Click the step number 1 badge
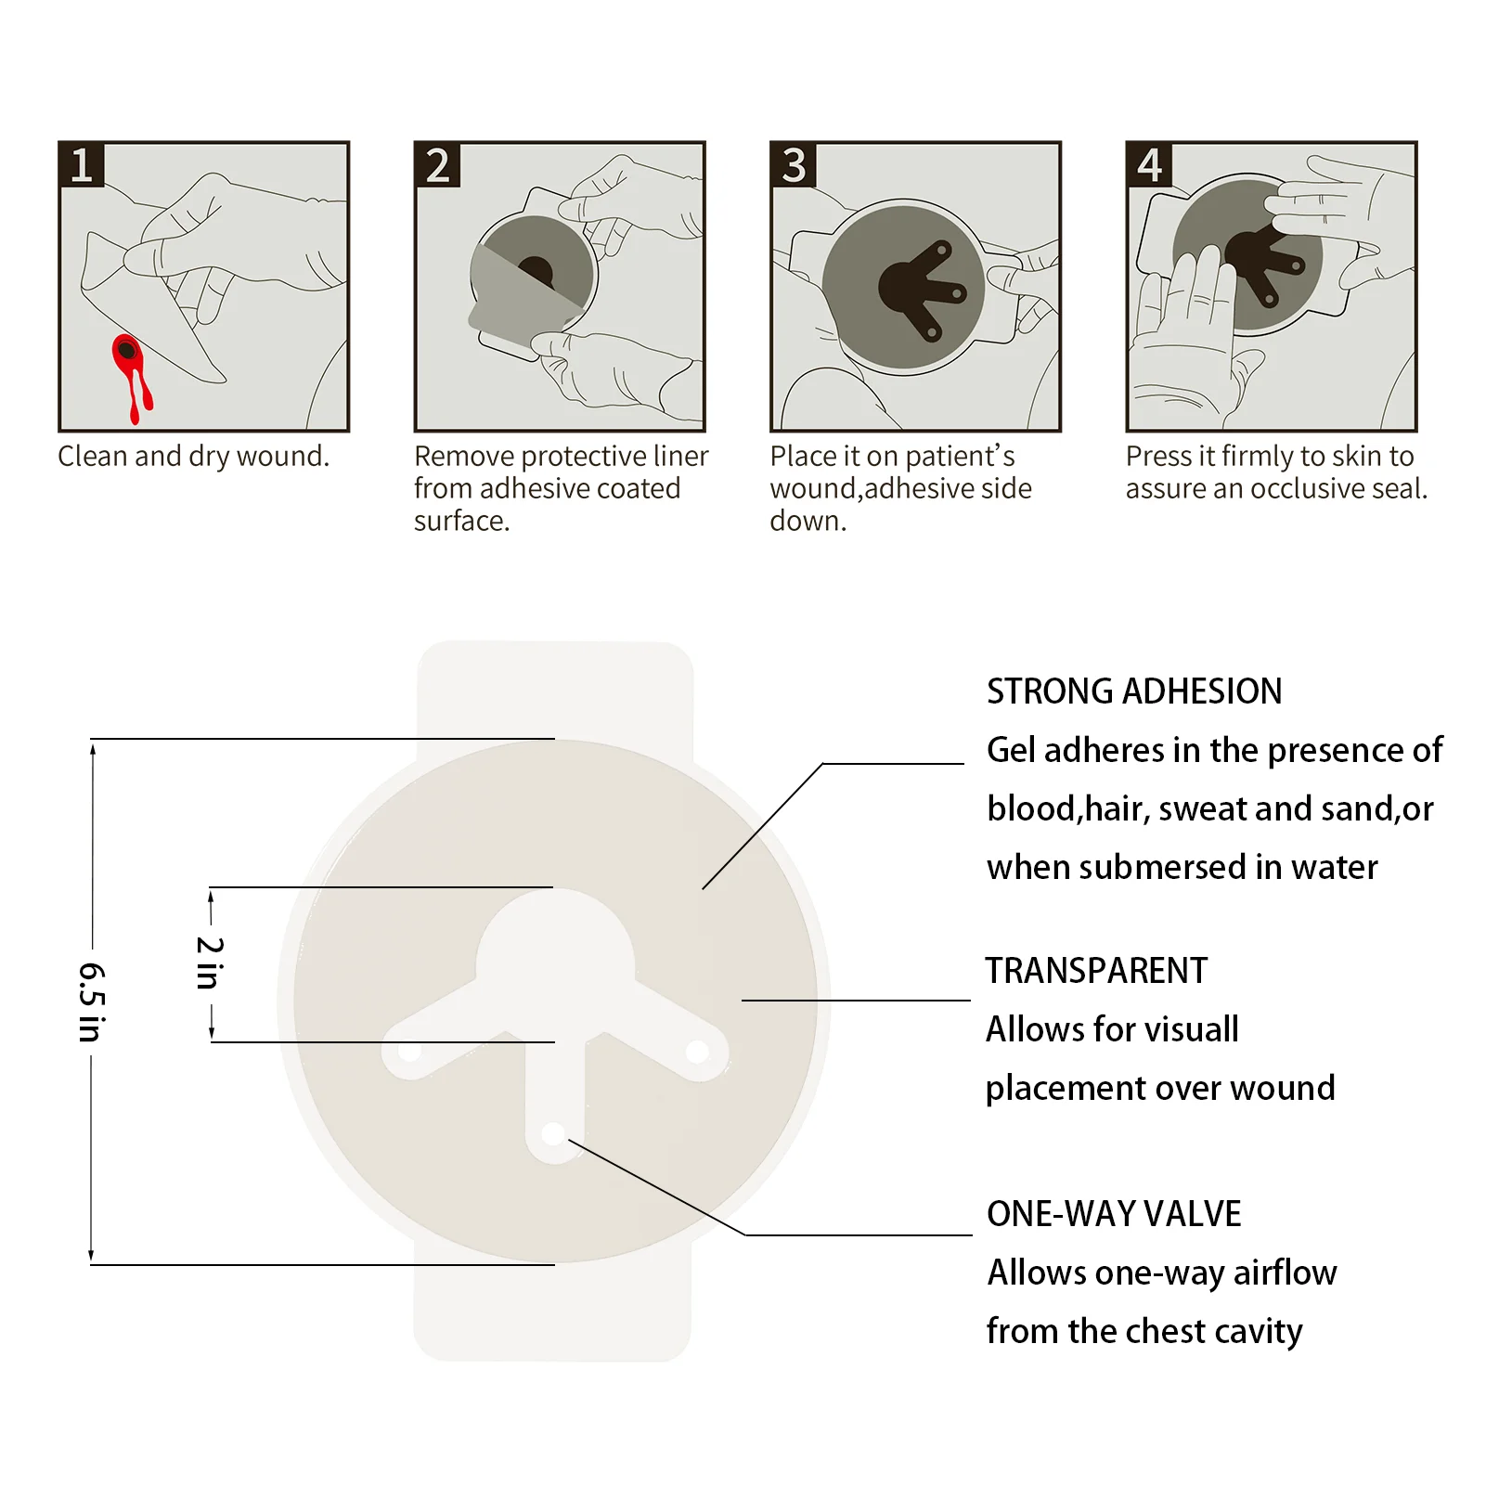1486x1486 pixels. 82,165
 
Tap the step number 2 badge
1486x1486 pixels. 437,165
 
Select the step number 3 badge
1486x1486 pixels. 794,165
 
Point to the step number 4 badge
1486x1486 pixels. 1149,165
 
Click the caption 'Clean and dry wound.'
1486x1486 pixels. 193,456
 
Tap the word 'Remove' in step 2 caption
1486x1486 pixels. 464,456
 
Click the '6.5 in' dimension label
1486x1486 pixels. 91,1001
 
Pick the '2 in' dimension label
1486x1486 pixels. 210,963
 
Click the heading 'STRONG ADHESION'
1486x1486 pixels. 1133,691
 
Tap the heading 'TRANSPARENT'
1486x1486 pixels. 1096,971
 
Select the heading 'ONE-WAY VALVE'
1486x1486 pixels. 1113,1214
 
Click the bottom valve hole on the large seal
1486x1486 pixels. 552,1134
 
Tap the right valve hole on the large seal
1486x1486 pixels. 696,1052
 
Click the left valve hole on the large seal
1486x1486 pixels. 409,1053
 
